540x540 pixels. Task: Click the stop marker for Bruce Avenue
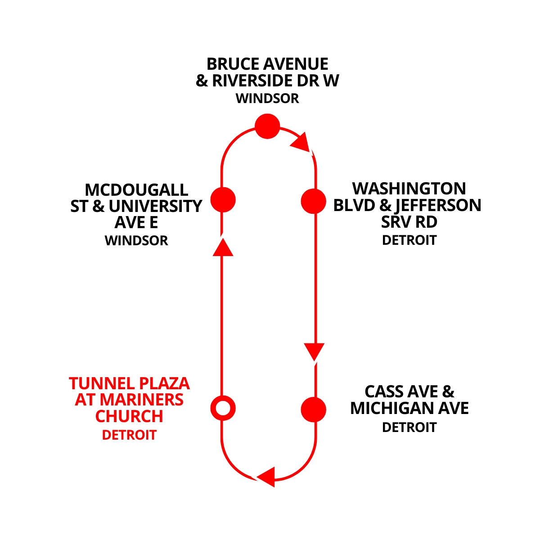(x=267, y=126)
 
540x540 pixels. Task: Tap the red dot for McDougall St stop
(x=223, y=199)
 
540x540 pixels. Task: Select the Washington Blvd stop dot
(x=313, y=201)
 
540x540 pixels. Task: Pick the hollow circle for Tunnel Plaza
(x=223, y=408)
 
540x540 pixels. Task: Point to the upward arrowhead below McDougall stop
(x=222, y=247)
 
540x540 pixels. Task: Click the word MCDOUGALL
(x=136, y=189)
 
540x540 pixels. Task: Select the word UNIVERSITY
(x=155, y=206)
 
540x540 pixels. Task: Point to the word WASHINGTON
(x=409, y=189)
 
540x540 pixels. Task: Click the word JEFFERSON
(x=438, y=205)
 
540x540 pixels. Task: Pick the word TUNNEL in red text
(x=102, y=383)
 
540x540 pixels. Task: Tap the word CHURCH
(x=129, y=417)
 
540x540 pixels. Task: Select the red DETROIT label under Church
(x=129, y=435)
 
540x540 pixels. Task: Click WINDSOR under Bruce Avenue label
(x=267, y=98)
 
